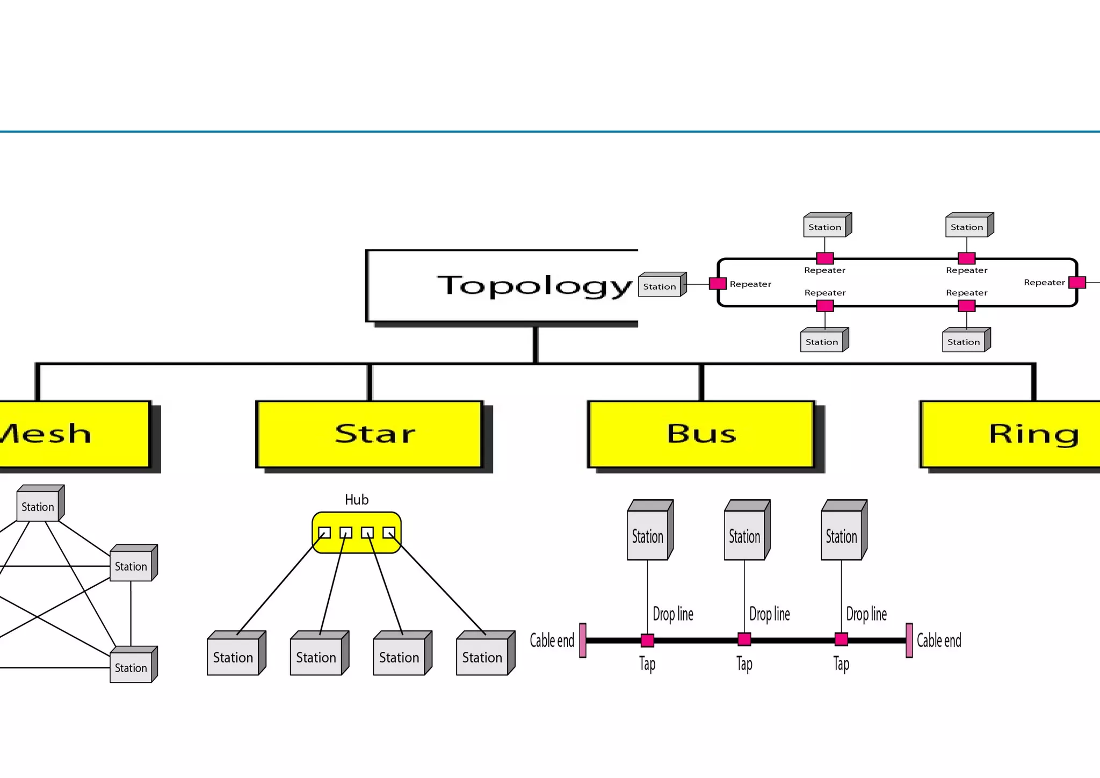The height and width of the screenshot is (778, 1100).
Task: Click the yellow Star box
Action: (370, 434)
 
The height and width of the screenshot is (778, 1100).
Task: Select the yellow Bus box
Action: (701, 434)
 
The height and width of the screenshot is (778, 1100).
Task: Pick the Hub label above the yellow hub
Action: (356, 500)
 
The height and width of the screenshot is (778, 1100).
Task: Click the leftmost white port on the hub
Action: (324, 532)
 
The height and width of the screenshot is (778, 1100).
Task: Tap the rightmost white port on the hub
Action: (389, 532)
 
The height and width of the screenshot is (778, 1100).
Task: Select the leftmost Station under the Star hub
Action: (233, 657)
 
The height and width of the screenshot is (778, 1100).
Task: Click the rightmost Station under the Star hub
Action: (482, 657)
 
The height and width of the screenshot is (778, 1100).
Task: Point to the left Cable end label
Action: (552, 640)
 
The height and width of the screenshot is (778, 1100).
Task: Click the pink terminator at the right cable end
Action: (909, 640)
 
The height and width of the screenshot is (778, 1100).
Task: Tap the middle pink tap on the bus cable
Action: (744, 639)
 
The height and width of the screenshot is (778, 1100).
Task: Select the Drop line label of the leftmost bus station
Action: (672, 614)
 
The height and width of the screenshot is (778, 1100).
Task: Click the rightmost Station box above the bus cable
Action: (842, 535)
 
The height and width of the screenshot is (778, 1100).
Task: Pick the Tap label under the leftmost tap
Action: (647, 664)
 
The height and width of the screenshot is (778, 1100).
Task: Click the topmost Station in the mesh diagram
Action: (38, 506)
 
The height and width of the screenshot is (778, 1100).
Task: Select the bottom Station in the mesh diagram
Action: (131, 667)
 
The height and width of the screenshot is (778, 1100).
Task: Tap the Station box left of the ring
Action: (660, 286)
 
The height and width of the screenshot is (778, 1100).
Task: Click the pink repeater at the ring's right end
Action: (1077, 283)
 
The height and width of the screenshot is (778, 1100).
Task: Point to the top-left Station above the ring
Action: (825, 227)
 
